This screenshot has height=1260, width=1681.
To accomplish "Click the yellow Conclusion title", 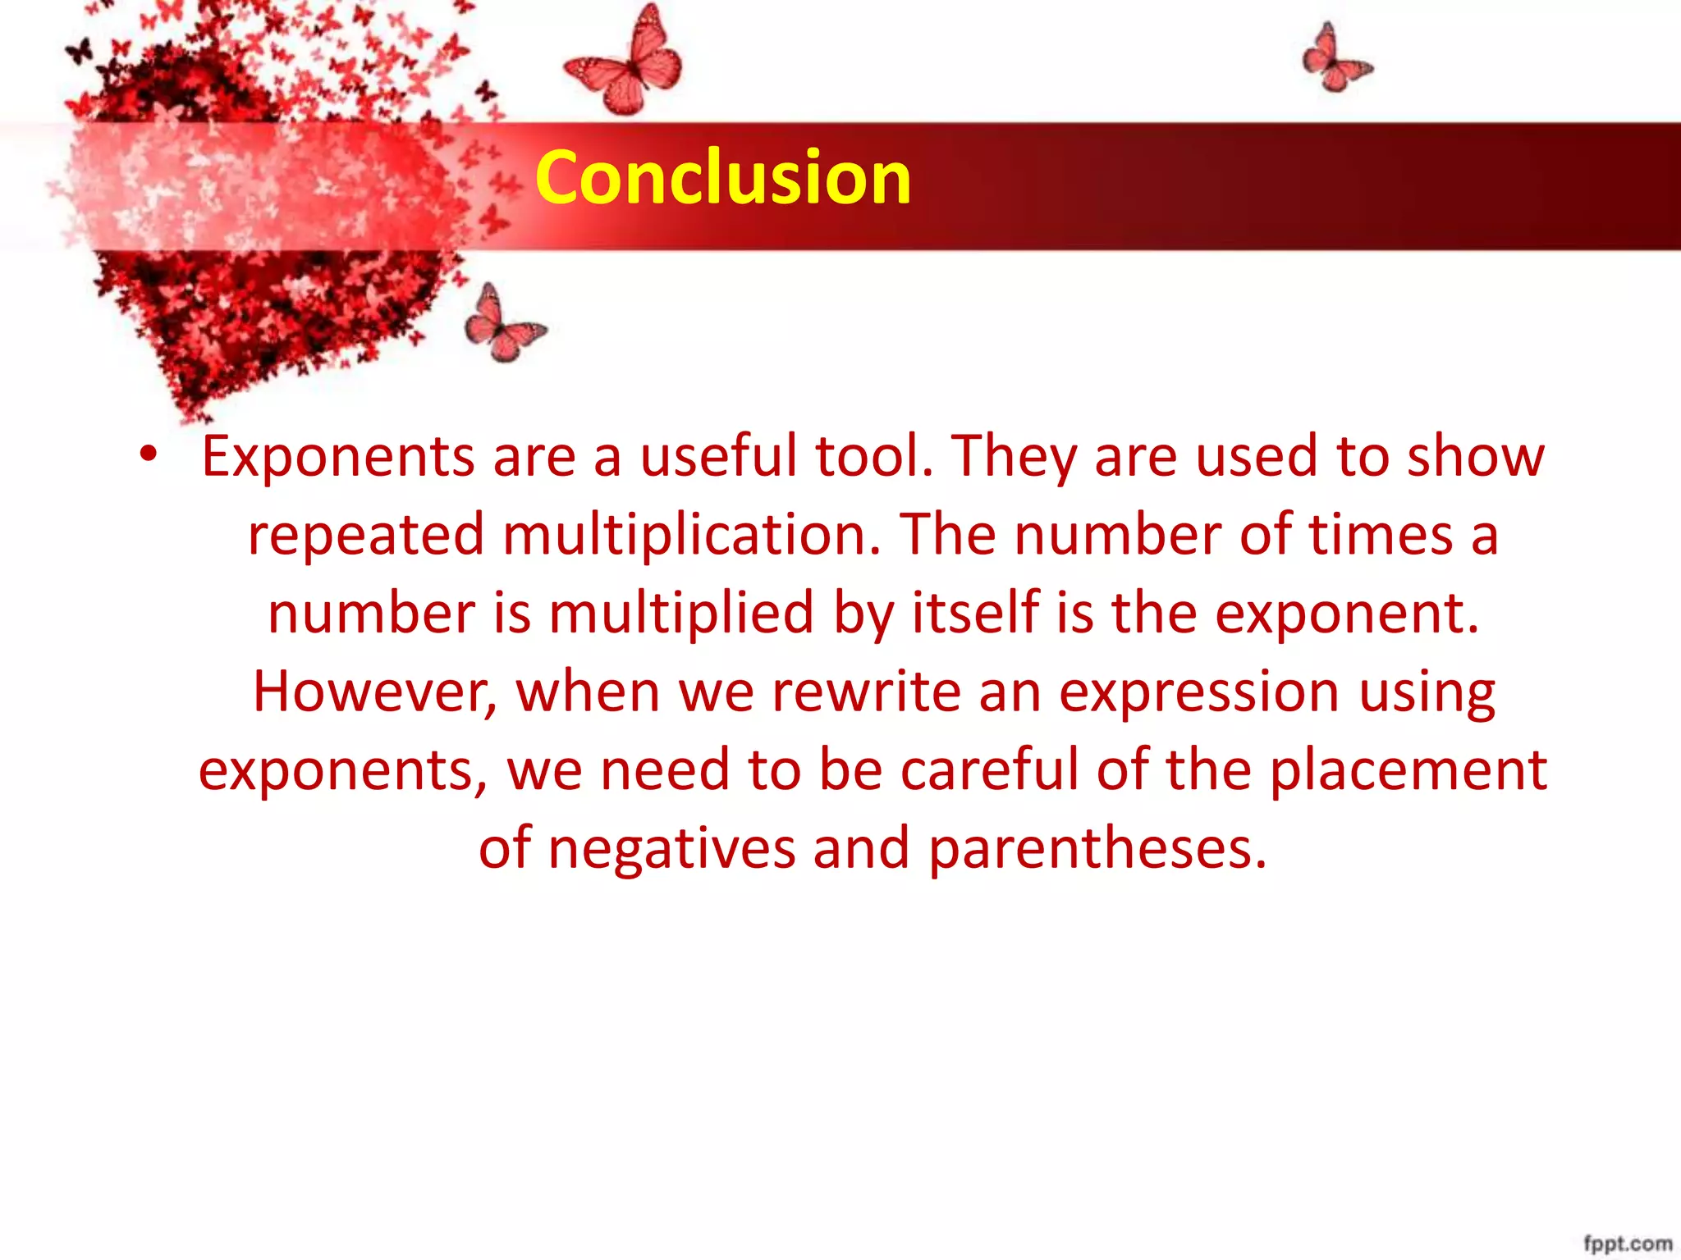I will coord(722,177).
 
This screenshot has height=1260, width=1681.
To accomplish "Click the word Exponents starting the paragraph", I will coord(337,458).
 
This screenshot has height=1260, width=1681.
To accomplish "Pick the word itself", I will coord(976,614).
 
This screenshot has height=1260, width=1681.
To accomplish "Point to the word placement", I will coord(1408,771).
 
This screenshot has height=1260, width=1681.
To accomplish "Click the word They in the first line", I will coord(1014,458).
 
